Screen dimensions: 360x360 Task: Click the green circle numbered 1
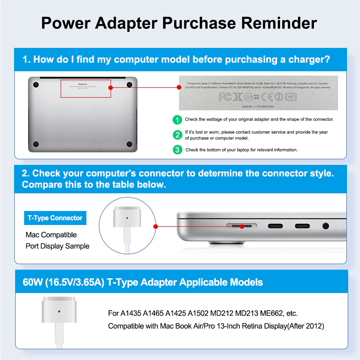coord(177,120)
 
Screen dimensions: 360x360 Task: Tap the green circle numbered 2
coord(177,135)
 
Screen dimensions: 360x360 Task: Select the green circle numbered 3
coord(177,150)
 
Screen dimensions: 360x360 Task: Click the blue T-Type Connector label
coord(55,218)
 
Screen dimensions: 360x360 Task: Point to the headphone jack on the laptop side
coord(326,226)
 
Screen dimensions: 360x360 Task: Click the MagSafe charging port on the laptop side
coord(241,226)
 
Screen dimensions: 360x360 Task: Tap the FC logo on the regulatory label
coord(225,96)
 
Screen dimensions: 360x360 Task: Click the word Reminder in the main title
coord(279,23)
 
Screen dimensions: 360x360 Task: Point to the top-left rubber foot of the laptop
coord(36,85)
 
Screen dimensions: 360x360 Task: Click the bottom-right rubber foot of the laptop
coord(129,144)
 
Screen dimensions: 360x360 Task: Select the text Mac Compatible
coord(51,235)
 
